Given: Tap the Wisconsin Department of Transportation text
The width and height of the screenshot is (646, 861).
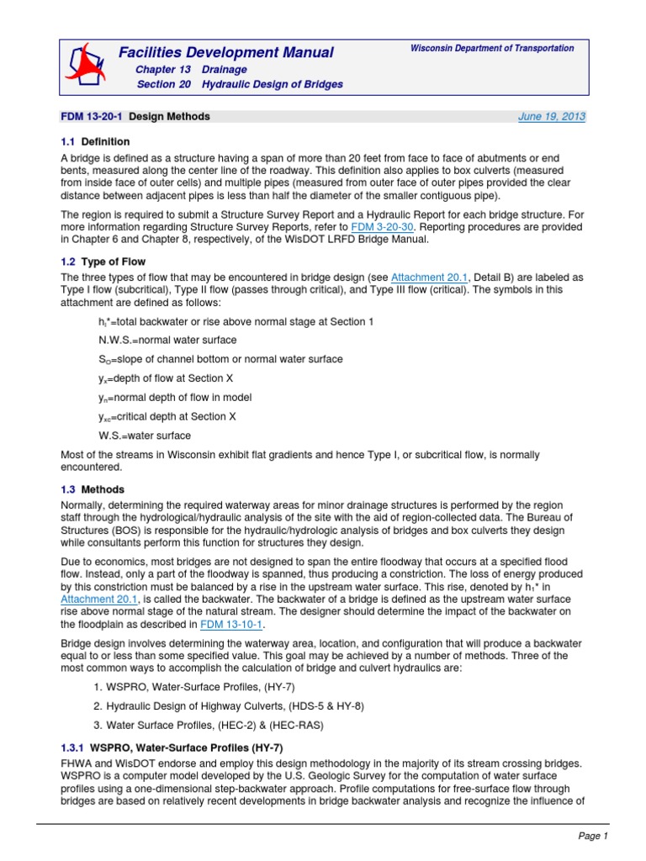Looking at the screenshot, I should tap(492, 49).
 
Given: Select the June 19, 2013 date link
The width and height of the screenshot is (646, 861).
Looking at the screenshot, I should tap(551, 117).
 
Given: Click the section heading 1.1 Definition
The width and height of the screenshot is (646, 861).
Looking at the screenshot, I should tap(95, 141).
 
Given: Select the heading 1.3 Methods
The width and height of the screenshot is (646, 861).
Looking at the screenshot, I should tap(93, 489).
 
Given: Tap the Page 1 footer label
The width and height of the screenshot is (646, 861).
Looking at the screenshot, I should tap(591, 836).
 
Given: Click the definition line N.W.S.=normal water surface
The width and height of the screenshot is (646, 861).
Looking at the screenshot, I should tap(167, 341).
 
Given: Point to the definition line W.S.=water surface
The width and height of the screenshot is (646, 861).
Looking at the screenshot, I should tap(145, 436).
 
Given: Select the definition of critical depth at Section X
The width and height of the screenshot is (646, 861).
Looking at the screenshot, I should tap(167, 416).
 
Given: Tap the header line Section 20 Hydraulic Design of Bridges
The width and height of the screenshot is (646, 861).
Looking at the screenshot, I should tap(239, 85).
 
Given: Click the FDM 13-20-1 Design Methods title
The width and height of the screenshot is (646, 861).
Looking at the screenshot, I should tap(135, 117).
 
